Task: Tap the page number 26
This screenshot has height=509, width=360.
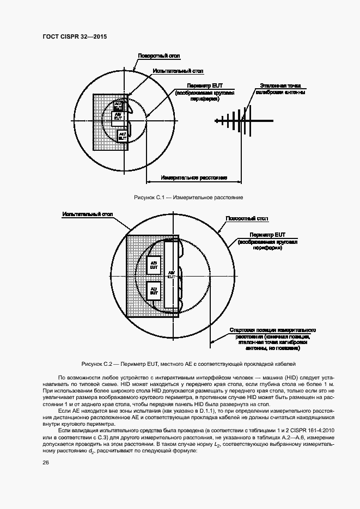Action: (x=45, y=463)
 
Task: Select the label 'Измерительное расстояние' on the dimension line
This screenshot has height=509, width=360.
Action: (x=194, y=177)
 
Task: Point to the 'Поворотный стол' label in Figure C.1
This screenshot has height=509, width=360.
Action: (x=158, y=56)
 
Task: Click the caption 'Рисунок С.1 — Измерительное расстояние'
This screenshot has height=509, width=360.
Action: (x=180, y=197)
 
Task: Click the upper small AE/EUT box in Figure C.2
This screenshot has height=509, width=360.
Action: (x=154, y=265)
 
